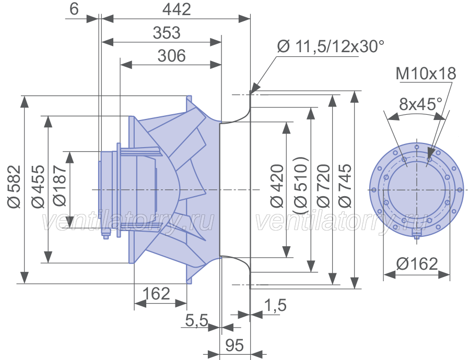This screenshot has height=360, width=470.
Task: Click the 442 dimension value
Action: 177,9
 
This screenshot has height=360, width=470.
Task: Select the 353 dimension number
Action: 167,33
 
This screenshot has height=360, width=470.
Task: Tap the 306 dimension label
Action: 171,56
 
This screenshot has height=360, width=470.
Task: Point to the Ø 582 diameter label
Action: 15,186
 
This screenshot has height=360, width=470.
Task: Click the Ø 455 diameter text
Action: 38,186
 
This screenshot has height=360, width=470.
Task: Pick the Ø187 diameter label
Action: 60,186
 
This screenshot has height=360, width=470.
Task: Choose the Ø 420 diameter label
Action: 277,186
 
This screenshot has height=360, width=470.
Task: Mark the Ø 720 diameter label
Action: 323,186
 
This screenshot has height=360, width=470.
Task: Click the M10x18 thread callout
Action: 426,74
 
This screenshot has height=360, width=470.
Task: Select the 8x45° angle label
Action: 420,104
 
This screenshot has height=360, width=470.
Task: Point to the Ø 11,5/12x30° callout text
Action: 331,46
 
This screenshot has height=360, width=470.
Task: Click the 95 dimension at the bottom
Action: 234,345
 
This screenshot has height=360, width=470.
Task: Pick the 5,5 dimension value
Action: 197,320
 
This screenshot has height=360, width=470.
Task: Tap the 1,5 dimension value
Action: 275,305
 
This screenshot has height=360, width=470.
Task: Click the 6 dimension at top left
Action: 74,9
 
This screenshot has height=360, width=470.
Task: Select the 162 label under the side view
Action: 156,294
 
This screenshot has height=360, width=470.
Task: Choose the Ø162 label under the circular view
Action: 417,264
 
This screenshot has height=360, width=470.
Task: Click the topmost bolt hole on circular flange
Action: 417,147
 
